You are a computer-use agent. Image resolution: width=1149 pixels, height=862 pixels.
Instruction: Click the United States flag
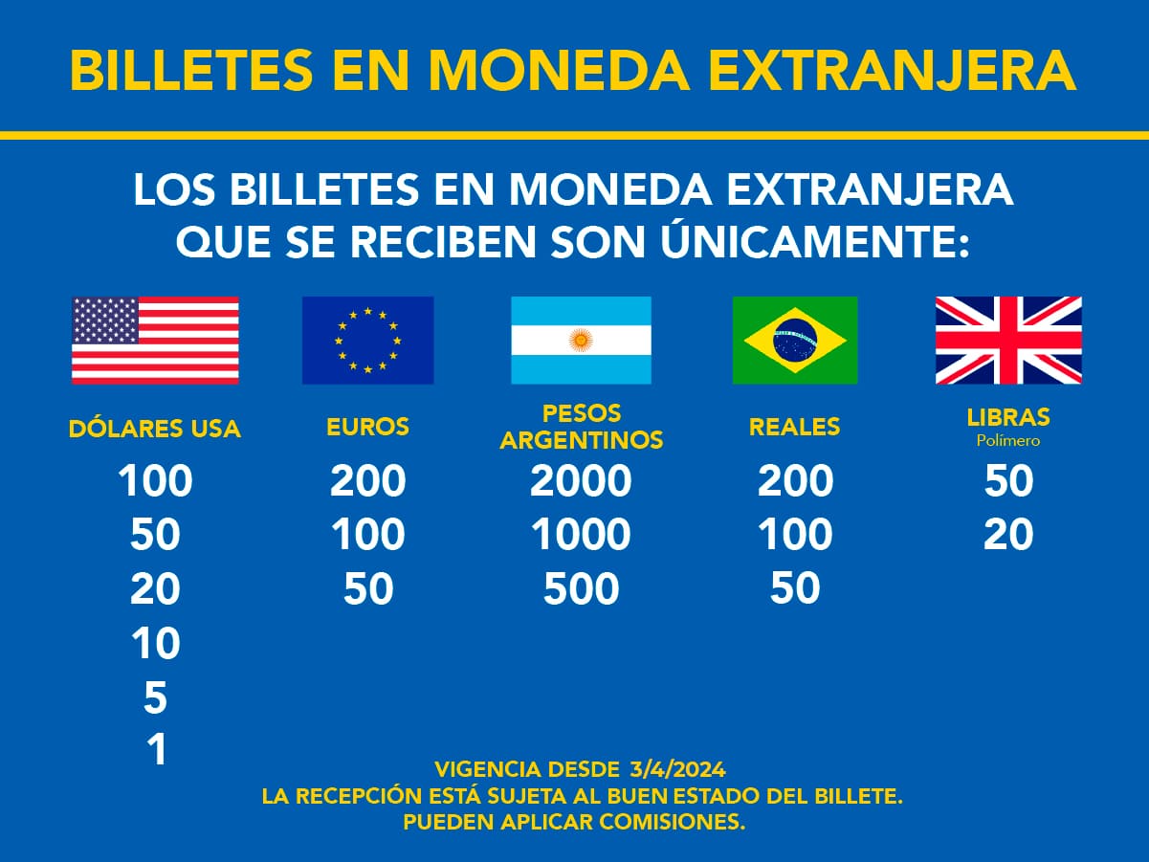pyautogui.click(x=155, y=341)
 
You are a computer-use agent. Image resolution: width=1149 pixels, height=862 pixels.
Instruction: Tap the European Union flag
pyautogui.click(x=368, y=341)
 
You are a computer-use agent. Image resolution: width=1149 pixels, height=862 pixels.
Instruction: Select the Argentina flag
pyautogui.click(x=581, y=341)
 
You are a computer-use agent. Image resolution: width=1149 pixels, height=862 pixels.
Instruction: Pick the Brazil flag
pyautogui.click(x=795, y=341)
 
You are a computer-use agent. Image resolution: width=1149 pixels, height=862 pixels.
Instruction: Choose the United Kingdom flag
pyautogui.click(x=1008, y=341)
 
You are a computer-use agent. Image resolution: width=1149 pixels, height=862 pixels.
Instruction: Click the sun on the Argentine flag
pyautogui.click(x=581, y=341)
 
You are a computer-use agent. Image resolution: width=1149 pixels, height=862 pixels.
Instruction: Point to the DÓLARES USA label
pyautogui.click(x=155, y=428)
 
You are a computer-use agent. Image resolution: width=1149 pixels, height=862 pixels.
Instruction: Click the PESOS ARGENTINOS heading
pyautogui.click(x=582, y=427)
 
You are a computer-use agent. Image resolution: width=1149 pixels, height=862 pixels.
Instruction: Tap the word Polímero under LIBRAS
pyautogui.click(x=1008, y=441)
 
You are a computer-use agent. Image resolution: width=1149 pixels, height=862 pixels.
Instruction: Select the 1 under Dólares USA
pyautogui.click(x=157, y=749)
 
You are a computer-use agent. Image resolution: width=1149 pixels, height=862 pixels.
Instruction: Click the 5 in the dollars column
pyautogui.click(x=156, y=697)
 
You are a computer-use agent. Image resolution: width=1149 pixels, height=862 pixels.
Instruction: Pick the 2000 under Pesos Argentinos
pyautogui.click(x=581, y=480)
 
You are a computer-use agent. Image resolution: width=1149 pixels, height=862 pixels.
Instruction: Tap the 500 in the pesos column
pyautogui.click(x=581, y=588)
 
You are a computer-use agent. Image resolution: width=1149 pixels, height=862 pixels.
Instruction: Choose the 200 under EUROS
pyautogui.click(x=368, y=480)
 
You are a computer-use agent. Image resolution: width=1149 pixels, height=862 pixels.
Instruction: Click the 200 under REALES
pyautogui.click(x=795, y=480)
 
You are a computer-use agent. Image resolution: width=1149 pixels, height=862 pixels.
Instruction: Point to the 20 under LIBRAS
pyautogui.click(x=1008, y=535)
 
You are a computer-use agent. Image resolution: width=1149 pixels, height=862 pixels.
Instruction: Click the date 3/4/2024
pyautogui.click(x=678, y=769)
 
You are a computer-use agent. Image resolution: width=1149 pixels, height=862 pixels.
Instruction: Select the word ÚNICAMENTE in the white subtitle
pyautogui.click(x=815, y=241)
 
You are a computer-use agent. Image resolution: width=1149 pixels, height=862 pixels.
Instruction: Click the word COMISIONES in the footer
pyautogui.click(x=673, y=822)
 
